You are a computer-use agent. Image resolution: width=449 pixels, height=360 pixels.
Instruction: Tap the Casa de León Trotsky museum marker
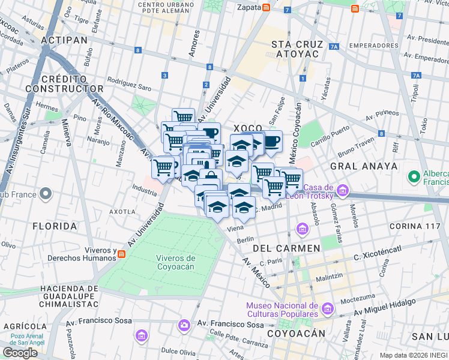coord(343,192)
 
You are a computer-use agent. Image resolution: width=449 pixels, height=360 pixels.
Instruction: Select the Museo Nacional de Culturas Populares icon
coord(327,310)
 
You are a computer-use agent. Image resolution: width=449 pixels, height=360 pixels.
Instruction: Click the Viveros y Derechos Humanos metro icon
coord(121,254)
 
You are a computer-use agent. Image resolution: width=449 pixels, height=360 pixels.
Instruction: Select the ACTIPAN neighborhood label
coord(65,40)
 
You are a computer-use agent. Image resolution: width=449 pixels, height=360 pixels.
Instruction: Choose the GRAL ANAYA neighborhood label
coord(363,166)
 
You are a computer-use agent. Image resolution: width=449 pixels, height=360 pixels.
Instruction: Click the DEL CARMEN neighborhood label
coord(286,248)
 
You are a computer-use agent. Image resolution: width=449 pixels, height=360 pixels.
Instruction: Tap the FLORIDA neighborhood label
coord(55,226)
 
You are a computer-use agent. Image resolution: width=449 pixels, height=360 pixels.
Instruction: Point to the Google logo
coord(20,353)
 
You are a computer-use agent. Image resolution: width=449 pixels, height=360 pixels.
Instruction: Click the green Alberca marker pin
coord(414,177)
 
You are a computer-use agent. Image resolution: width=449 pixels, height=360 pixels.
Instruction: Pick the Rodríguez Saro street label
coord(129,83)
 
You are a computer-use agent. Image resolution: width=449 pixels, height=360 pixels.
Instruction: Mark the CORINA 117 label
coord(415,226)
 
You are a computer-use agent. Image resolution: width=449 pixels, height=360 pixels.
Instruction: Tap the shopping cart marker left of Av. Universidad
coord(163,167)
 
